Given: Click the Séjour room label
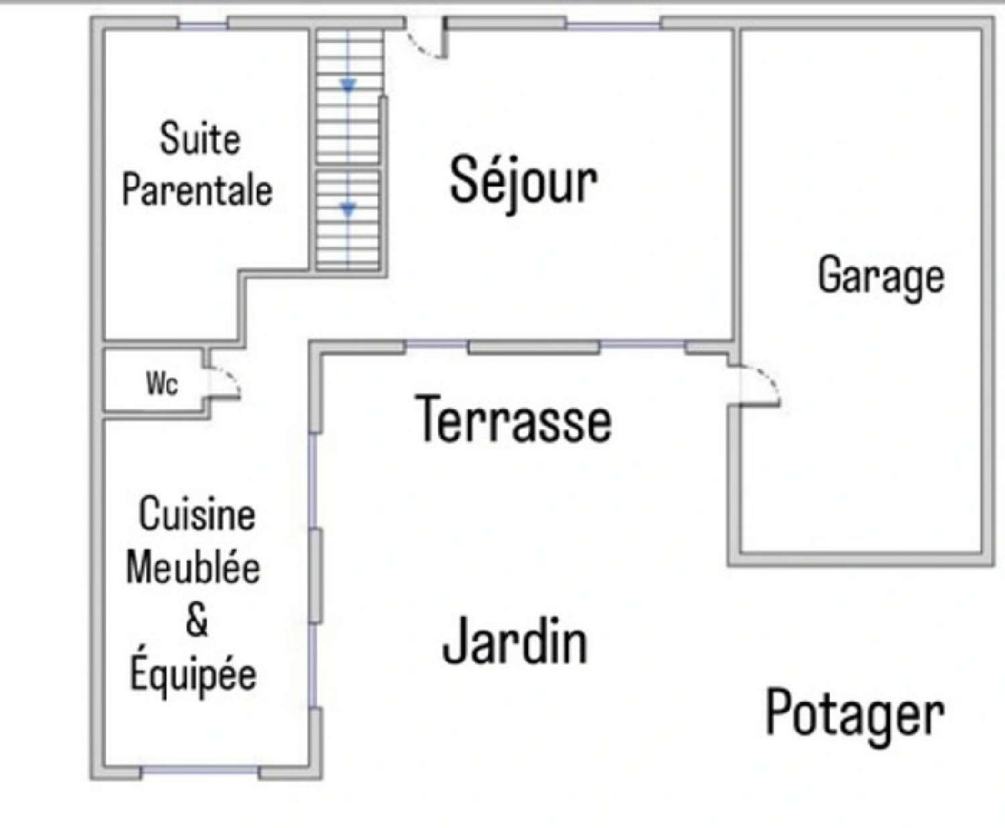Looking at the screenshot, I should click(x=523, y=180).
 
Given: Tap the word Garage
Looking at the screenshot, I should click(x=880, y=275).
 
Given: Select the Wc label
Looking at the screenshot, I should click(x=162, y=384).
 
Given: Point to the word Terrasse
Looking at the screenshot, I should click(x=513, y=419).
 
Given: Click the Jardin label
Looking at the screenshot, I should click(x=515, y=641).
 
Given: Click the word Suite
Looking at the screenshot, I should click(x=200, y=139).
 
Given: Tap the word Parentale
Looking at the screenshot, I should click(x=197, y=190).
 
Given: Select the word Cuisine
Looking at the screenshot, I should click(x=197, y=514).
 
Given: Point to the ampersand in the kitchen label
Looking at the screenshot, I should click(x=197, y=620).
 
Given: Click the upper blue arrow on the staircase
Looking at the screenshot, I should click(x=348, y=85).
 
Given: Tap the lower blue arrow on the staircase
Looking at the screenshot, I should click(x=348, y=210).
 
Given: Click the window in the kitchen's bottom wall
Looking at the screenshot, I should click(x=200, y=771).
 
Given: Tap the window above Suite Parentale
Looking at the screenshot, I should click(x=203, y=25).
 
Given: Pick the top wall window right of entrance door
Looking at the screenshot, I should click(x=613, y=25).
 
